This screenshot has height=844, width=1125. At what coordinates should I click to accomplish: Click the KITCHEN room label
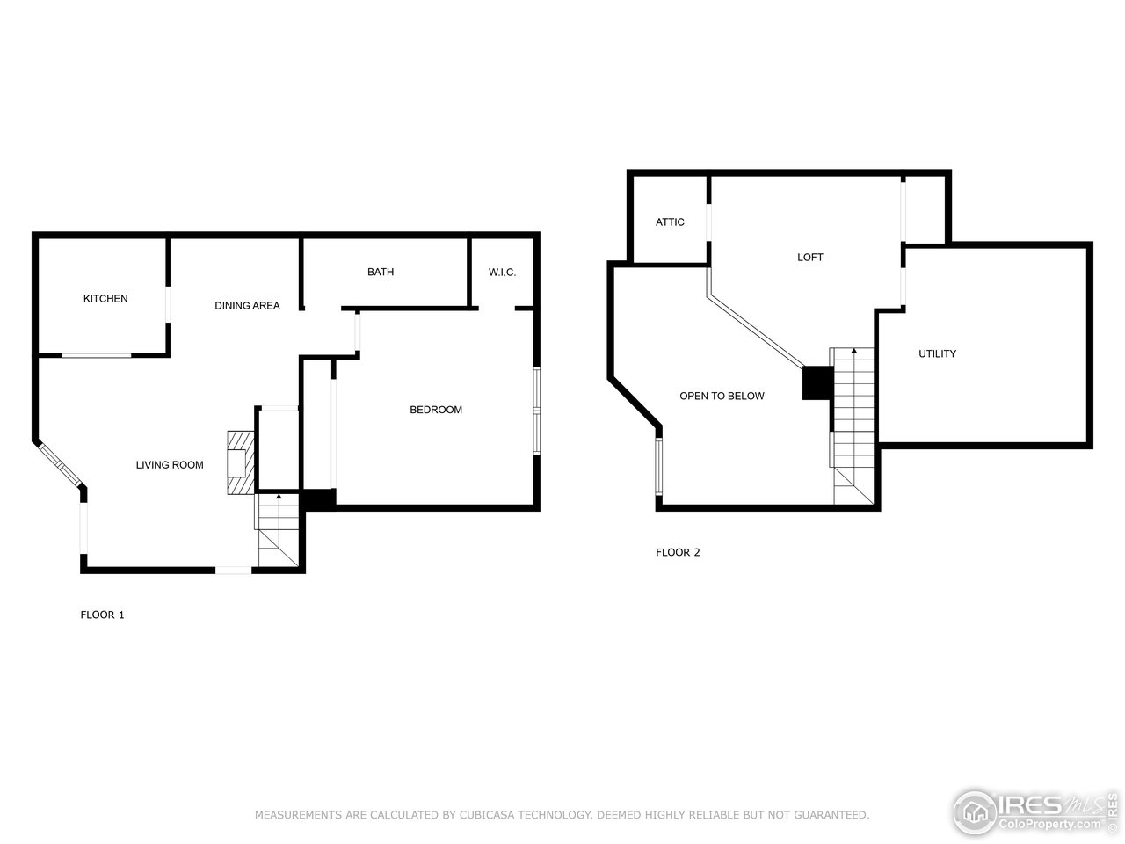tap(105, 299)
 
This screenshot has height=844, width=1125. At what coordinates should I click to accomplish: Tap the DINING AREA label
tap(247, 306)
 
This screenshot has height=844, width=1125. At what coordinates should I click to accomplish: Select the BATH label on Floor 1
tap(381, 273)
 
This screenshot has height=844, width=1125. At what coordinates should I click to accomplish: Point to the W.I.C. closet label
tap(502, 273)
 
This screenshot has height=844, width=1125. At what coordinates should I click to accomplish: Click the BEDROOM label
tap(436, 410)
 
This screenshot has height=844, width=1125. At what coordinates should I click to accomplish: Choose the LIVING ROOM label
tap(170, 465)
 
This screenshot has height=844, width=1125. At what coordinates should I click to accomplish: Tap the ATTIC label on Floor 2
tap(670, 222)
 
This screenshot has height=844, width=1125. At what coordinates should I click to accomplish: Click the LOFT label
tap(810, 258)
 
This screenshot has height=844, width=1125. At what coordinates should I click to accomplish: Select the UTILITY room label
tap(937, 354)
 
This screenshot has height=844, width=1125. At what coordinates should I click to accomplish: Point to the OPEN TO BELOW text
tap(722, 397)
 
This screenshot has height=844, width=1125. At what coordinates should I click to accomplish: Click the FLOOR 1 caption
tap(102, 615)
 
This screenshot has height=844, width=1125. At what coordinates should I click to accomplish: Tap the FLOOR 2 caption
tap(678, 553)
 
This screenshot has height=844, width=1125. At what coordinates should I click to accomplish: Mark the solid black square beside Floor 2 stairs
tap(817, 383)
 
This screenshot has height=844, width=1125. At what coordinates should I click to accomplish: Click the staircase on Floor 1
tap(278, 532)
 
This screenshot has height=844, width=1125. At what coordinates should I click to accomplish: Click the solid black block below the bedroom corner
tap(318, 498)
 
